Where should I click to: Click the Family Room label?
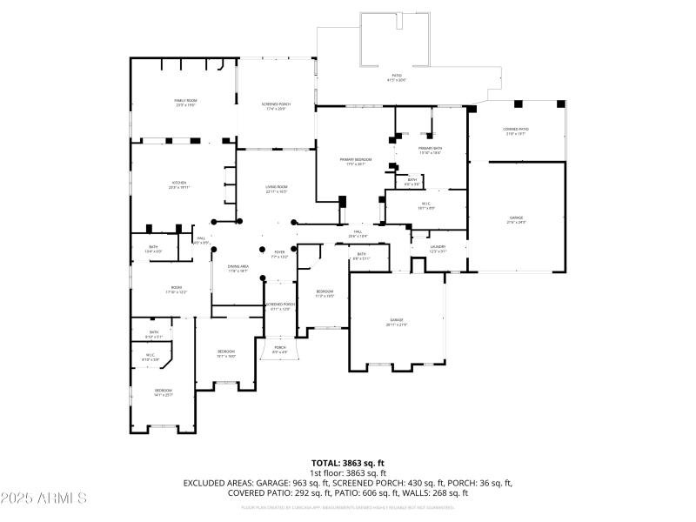[183, 103]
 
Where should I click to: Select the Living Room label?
[277, 189]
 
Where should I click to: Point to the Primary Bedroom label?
[356, 162]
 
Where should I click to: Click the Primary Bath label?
[431, 151]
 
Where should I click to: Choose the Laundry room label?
[437, 249]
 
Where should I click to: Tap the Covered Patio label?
[515, 131]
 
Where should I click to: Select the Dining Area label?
[238, 269]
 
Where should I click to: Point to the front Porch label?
[279, 349]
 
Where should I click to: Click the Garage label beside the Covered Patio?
[516, 219]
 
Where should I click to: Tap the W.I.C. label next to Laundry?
[426, 206]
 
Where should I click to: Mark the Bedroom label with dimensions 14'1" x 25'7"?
[164, 392]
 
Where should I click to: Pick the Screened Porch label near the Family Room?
[274, 107]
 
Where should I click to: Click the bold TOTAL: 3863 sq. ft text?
[348, 463]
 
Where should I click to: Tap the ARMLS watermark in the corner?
[43, 499]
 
